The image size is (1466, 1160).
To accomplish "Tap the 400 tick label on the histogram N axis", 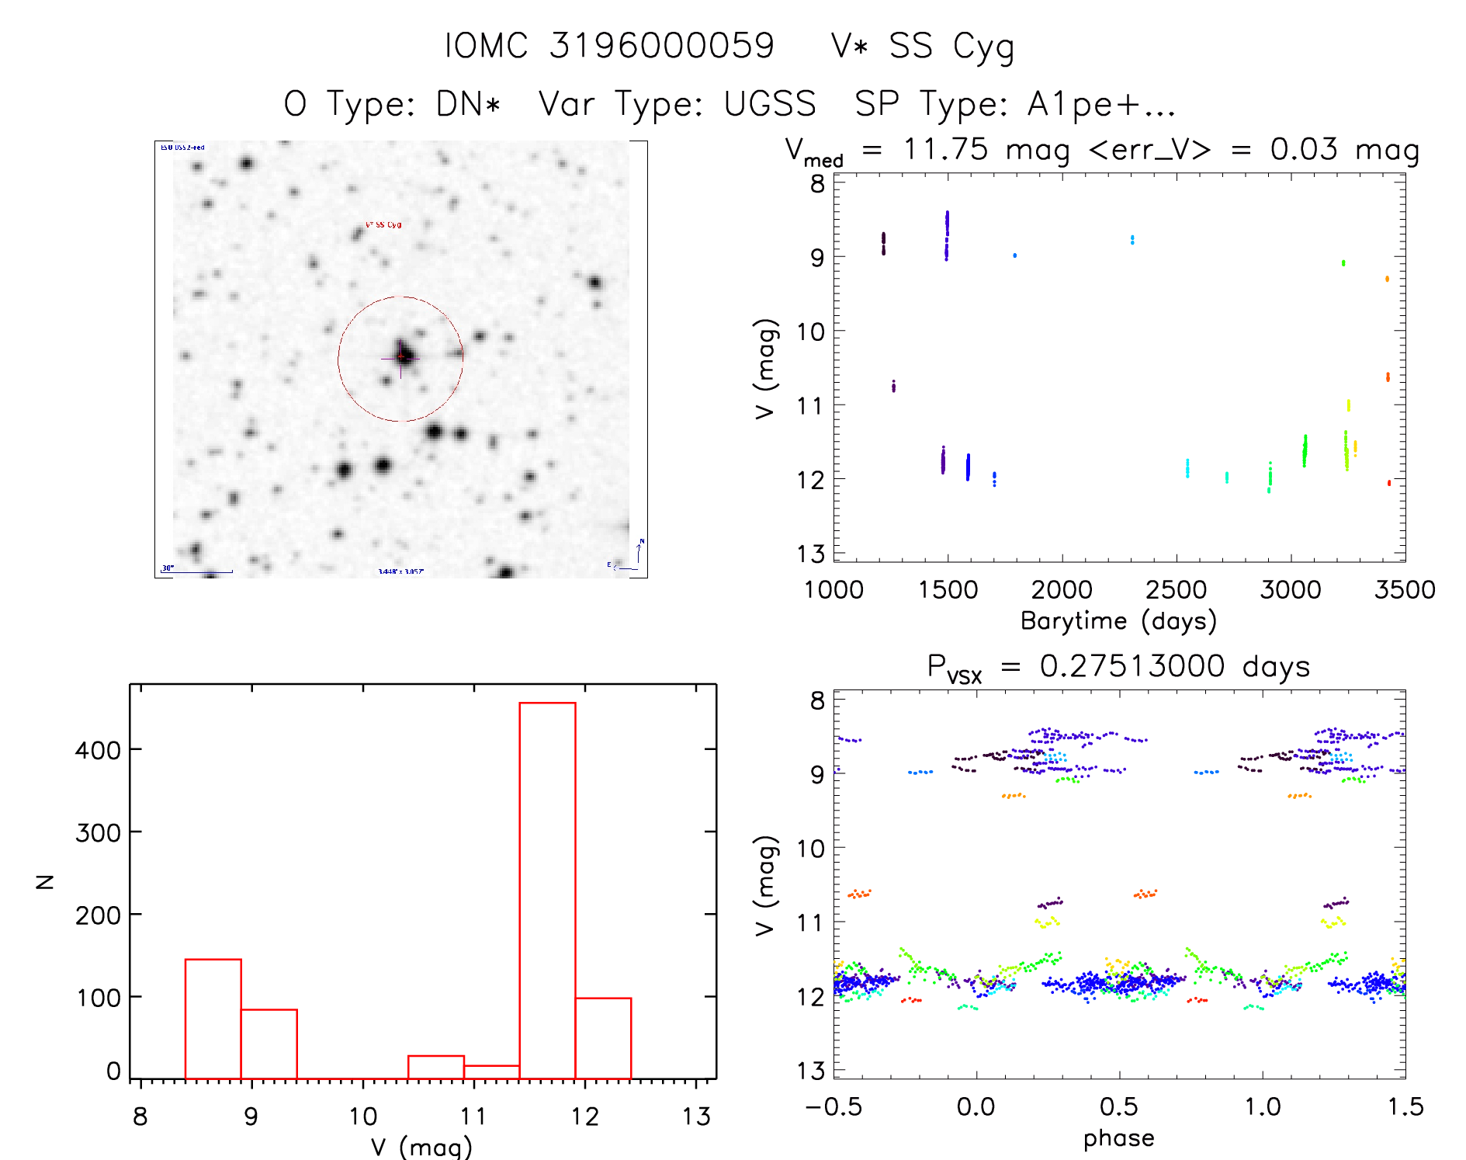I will [98, 751].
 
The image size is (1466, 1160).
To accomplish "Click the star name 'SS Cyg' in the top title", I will [951, 47].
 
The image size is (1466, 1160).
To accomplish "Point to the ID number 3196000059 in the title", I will [661, 46].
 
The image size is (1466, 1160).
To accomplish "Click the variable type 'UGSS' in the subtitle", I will [770, 104].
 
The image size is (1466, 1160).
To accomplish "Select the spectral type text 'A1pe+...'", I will [1101, 104].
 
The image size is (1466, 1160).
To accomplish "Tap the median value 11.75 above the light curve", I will [945, 149].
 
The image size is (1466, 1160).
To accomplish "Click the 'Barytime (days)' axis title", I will [1118, 621].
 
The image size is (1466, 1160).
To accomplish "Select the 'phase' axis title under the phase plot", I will [1118, 1138].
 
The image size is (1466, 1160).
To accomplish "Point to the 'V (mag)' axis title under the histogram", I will [421, 1146].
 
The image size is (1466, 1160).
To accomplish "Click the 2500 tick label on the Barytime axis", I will [1176, 589].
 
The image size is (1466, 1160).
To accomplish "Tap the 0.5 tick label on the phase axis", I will [1118, 1106].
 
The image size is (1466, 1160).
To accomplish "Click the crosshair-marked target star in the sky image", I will [401, 357].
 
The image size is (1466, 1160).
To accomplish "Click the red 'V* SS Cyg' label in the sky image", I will [383, 224].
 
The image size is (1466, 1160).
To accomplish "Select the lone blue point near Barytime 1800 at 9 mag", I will [1014, 255].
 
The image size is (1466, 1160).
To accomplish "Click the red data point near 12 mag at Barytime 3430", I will [1388, 483].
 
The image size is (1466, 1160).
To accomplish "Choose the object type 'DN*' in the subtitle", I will [468, 104].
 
